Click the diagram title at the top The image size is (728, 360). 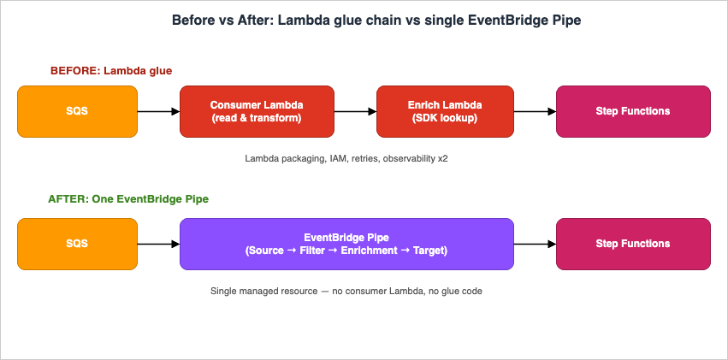(364, 20)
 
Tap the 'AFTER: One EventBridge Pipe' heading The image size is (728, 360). (128, 198)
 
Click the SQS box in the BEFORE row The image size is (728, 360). (77, 111)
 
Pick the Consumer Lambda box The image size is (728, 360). (257, 111)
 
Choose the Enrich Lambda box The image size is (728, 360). (445, 111)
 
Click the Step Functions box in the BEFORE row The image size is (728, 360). (633, 111)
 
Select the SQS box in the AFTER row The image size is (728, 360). (77, 244)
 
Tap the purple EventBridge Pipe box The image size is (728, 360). (346, 244)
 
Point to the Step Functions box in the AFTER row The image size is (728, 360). (633, 244)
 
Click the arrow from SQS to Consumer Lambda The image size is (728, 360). (158, 111)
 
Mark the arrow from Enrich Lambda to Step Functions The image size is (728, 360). (535, 111)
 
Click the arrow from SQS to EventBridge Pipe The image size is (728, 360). (158, 244)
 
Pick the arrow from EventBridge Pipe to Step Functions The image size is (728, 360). (535, 244)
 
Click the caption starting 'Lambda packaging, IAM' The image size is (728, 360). (346, 158)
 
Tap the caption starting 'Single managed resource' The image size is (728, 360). (346, 291)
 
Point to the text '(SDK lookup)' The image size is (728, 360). (445, 118)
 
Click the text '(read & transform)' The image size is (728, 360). (257, 118)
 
